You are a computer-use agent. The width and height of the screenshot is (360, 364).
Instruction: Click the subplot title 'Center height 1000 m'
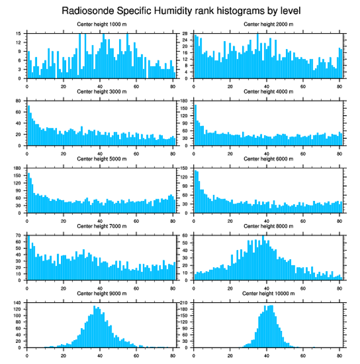pos(101,24)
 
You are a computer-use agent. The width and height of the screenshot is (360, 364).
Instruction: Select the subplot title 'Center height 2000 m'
pos(268,24)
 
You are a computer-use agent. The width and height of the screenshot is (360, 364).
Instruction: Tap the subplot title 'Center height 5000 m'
pos(101,159)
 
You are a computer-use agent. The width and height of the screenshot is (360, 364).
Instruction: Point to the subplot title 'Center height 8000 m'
pos(268,226)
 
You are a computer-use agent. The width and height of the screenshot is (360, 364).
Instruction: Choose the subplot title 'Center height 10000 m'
pos(268,293)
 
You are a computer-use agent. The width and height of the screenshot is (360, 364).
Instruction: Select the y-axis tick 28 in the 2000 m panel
pos(186,34)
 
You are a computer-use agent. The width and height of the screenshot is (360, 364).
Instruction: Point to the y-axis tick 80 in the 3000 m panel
pos(19,101)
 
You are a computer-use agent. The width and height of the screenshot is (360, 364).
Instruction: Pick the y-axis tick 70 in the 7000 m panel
pos(19,235)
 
